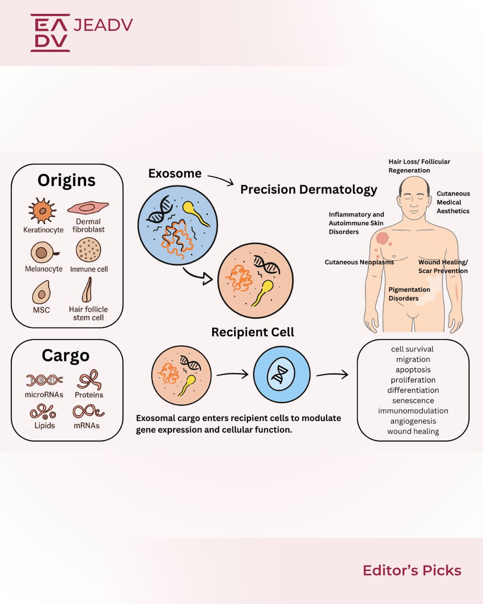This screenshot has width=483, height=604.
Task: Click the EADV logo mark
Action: point(50,33)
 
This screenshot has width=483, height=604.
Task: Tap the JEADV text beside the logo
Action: point(103,25)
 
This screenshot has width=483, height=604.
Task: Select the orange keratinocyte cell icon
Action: point(42,210)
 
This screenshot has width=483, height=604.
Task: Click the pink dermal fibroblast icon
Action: point(88,208)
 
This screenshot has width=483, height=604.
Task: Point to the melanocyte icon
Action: point(44,252)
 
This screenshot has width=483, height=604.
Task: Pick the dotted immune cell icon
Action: point(89,250)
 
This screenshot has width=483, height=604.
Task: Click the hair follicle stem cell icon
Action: point(87,289)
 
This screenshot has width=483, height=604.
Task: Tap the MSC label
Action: point(41,310)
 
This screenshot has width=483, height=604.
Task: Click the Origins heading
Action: point(67,180)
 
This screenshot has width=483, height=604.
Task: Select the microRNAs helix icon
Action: point(44,380)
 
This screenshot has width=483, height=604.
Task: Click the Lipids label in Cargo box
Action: point(45,425)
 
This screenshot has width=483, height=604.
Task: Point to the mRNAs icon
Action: point(88,412)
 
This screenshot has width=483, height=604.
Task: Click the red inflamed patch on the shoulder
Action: point(382,238)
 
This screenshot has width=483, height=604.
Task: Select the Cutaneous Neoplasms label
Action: point(359,262)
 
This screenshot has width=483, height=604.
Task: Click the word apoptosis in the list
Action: point(413,370)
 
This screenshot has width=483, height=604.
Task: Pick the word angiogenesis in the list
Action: point(413,421)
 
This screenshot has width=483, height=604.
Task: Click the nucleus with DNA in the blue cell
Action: point(281,374)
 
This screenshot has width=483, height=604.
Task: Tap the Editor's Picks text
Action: point(412,570)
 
